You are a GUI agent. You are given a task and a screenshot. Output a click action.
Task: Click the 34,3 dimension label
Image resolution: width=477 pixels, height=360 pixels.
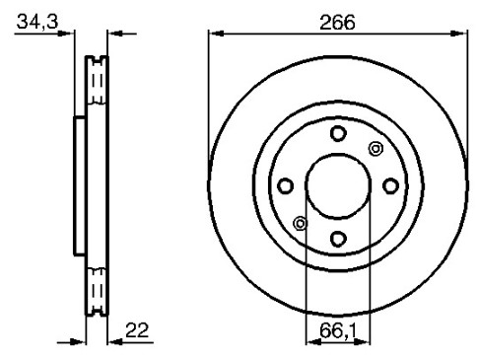coord(37,22)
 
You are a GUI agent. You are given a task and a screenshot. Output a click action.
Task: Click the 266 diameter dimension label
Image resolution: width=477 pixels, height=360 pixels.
coord(337,23)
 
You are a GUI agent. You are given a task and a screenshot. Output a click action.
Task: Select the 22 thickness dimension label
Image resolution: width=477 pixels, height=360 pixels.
coord(137,330)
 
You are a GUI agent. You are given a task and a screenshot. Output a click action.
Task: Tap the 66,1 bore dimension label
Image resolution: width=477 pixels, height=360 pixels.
coord(338,330)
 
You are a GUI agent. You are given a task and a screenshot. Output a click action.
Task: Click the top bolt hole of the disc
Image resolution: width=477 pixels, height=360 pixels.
coord(338,133)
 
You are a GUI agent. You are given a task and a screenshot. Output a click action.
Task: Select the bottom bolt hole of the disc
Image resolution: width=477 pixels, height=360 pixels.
coord(338,239)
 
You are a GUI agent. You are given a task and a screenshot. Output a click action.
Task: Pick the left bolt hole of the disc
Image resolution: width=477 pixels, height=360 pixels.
coord(285,185)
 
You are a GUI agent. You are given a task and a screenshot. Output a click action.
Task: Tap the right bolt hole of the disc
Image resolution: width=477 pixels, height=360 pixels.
coord(391,185)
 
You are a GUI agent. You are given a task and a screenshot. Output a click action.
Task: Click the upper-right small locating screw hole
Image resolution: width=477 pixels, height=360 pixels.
coord(375,149)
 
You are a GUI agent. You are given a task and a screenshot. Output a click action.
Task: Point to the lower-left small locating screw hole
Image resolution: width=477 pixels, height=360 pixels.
coord(300,224)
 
